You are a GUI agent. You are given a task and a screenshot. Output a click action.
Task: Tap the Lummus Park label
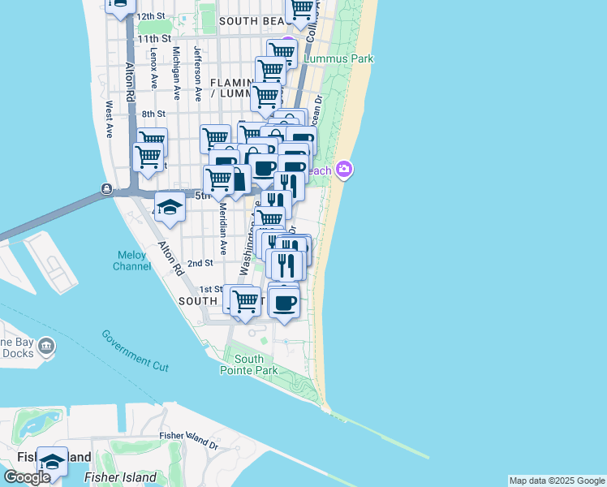[338, 58]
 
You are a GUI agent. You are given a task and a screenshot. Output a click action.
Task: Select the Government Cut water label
[136, 350]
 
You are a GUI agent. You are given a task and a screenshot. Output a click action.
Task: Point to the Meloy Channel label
[131, 260]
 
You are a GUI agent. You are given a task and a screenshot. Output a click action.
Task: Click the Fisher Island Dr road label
[189, 441]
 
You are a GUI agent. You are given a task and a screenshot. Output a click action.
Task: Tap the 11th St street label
[154, 38]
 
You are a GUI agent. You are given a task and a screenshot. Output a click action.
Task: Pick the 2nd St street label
[200, 263]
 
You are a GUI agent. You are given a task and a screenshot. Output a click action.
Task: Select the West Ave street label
[109, 114]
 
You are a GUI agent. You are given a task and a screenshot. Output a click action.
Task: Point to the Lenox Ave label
[153, 67]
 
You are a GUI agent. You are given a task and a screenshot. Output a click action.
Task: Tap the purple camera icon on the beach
[345, 169]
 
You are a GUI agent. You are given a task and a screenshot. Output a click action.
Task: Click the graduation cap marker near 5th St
[169, 207]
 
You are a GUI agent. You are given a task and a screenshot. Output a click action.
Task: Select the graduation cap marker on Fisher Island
[53, 461]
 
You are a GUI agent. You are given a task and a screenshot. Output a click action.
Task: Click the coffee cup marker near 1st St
[283, 303]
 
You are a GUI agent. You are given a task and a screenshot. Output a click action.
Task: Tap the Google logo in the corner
[27, 477]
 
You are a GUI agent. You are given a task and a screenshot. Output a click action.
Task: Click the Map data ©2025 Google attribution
[557, 481]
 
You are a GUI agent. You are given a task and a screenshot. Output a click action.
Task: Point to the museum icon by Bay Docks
[47, 347]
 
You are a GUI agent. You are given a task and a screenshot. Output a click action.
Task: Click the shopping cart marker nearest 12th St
[301, 10]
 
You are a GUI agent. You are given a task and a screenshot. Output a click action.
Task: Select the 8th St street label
[153, 114]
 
